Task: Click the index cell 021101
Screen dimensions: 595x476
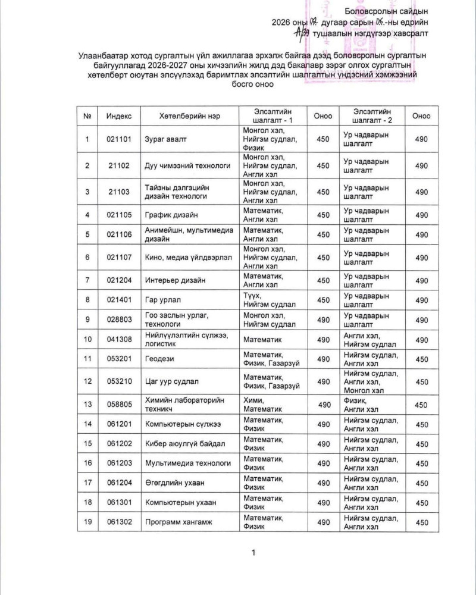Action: pos(120,140)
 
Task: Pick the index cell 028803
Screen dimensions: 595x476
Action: pos(120,320)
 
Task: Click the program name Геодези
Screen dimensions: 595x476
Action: pos(161,359)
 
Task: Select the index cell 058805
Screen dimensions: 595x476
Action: pos(120,405)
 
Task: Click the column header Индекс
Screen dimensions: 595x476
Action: pos(120,116)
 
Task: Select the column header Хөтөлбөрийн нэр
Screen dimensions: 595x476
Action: pos(190,116)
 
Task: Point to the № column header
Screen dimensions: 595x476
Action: pos(87,116)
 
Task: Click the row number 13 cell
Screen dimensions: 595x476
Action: pos(87,405)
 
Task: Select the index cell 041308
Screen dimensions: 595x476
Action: pos(120,339)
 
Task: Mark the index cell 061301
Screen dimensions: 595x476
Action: pos(120,503)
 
